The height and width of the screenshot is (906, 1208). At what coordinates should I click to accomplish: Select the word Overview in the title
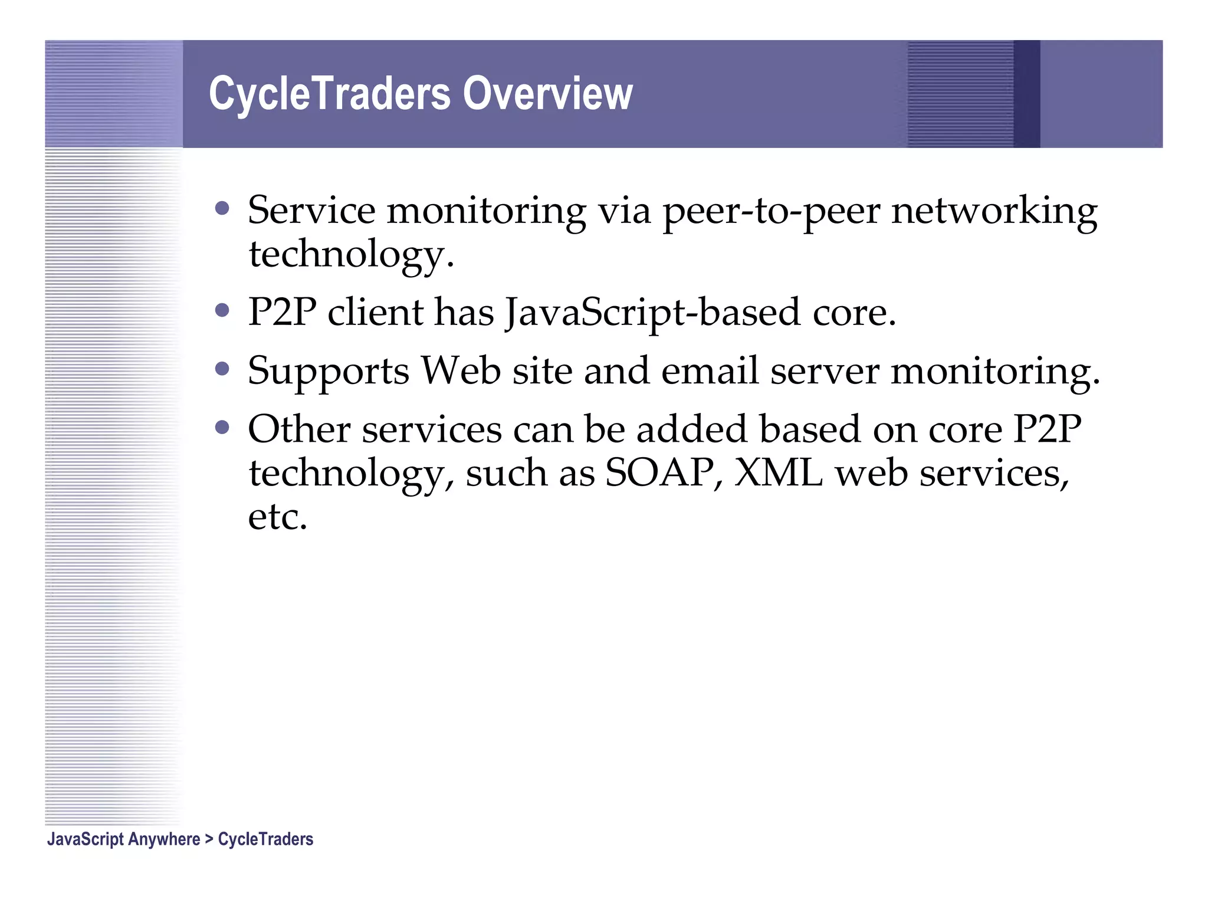(547, 94)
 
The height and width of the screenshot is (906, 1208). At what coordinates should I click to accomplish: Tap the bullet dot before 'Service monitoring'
(222, 208)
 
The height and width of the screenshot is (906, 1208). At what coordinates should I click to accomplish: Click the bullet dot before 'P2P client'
(222, 310)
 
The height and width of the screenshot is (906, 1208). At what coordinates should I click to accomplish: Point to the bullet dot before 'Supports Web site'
(222, 369)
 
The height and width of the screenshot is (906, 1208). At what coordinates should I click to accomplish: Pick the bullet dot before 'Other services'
(222, 427)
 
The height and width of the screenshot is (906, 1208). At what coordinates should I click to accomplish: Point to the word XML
(778, 473)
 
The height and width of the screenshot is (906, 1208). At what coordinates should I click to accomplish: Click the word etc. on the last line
(277, 517)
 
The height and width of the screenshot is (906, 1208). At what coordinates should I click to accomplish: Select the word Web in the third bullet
(461, 372)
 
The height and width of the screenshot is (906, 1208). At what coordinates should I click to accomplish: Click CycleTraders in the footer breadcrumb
(265, 839)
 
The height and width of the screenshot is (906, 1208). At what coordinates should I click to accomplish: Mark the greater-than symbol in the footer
(209, 839)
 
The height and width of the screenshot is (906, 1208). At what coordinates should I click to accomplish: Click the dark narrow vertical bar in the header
(1026, 94)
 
